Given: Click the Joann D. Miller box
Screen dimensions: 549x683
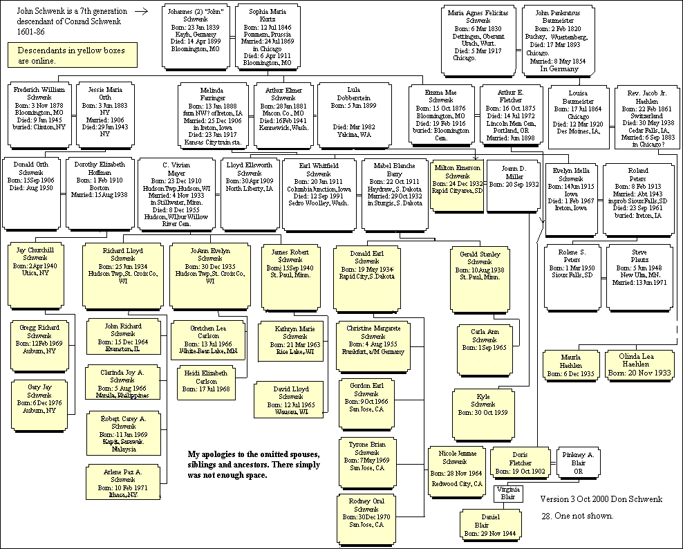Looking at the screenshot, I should pos(514,185).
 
